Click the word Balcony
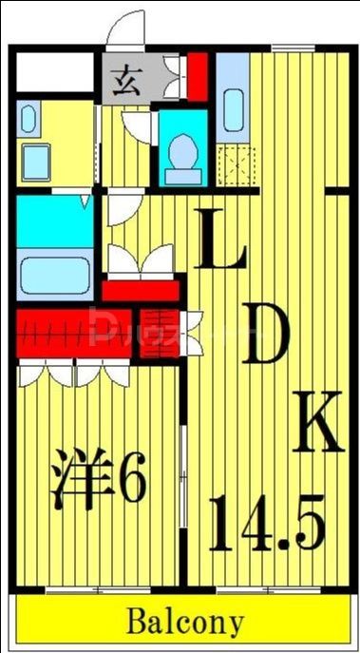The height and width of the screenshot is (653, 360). [x=185, y=623]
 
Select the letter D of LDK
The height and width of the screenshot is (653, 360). [x=267, y=336]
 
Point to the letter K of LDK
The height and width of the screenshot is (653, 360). [x=317, y=422]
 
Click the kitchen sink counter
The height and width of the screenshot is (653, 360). [x=232, y=105]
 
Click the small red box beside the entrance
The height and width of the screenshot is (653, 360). [x=197, y=77]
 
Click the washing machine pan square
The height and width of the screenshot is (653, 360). [x=38, y=162]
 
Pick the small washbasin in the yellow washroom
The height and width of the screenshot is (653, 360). [x=28, y=121]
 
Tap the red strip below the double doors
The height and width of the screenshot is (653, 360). [x=141, y=290]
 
